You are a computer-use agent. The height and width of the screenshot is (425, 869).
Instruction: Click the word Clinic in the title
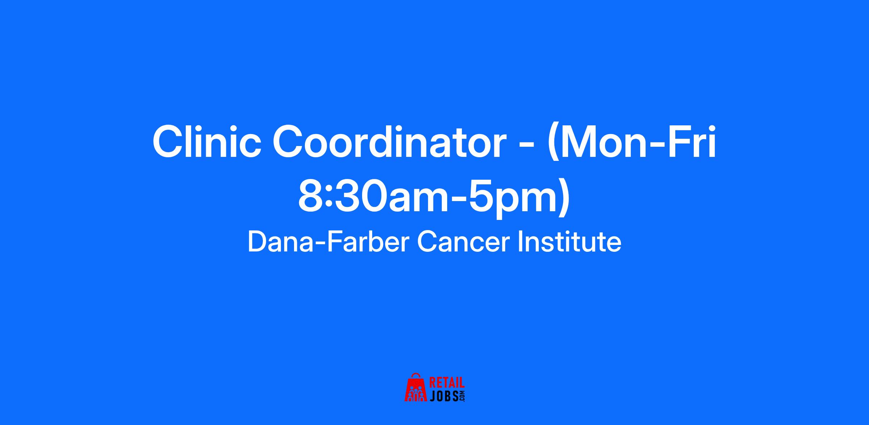[x=207, y=142]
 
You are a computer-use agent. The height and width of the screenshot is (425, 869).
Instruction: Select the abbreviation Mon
[x=601, y=142]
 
